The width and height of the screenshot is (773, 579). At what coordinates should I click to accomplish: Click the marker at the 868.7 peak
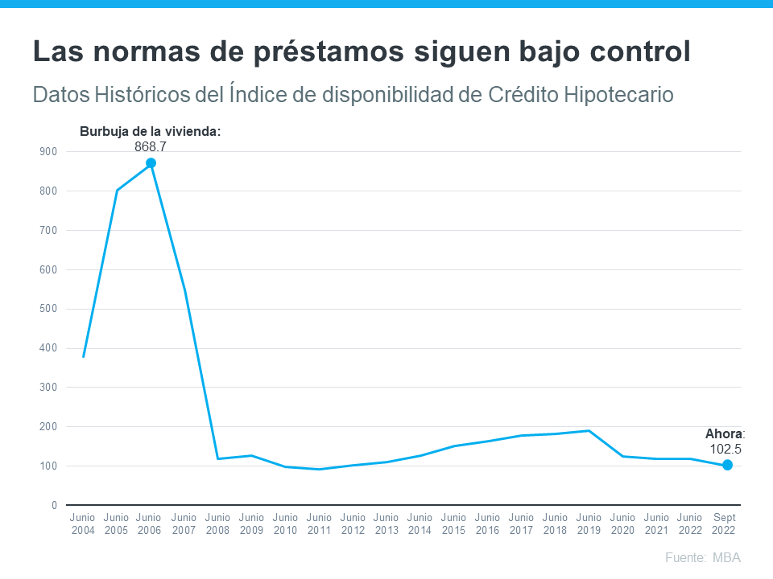click(x=151, y=163)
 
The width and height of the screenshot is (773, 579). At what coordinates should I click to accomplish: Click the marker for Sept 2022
click(x=727, y=465)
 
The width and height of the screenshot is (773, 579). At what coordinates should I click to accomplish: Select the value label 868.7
click(x=151, y=146)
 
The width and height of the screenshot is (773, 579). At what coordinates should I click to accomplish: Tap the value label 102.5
click(x=725, y=450)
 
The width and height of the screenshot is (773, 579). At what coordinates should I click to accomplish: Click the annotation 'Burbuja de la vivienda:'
click(x=150, y=131)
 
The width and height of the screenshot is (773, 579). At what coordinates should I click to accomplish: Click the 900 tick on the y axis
click(x=48, y=151)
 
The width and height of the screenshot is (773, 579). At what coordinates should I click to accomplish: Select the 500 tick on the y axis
click(x=48, y=309)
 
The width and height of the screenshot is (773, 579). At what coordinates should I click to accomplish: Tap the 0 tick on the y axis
click(x=54, y=505)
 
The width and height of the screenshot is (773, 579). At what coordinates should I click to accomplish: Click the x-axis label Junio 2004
click(x=83, y=524)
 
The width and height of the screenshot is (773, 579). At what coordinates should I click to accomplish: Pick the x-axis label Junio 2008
click(x=218, y=524)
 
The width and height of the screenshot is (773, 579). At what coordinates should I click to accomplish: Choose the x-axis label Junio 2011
click(x=319, y=524)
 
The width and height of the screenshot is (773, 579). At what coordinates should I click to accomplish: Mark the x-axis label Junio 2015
click(x=454, y=524)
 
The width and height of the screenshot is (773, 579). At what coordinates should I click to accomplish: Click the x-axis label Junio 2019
click(x=589, y=524)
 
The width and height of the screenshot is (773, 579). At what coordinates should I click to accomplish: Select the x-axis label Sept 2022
click(x=723, y=524)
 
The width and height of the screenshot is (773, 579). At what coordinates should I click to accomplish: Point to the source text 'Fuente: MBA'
click(x=702, y=557)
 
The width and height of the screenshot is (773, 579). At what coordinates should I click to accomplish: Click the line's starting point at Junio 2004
click(x=84, y=356)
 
